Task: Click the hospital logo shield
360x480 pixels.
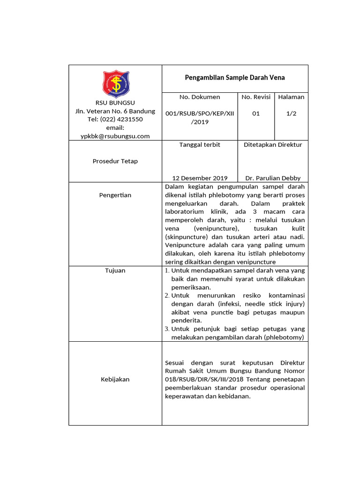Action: click(115, 84)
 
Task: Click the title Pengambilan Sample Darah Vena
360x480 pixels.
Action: click(235, 77)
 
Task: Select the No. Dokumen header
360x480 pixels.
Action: click(200, 97)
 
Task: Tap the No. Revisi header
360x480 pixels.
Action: click(256, 97)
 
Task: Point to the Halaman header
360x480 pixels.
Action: click(291, 97)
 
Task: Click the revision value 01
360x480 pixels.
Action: click(256, 113)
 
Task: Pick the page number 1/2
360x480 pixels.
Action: click(291, 113)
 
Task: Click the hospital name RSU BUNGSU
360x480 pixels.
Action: click(115, 103)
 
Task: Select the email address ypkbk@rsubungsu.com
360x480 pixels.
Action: click(115, 136)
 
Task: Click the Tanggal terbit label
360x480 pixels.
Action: click(200, 145)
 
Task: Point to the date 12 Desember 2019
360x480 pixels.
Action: click(200, 178)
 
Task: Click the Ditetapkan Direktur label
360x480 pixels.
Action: click(273, 145)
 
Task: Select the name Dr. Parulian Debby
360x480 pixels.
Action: click(273, 178)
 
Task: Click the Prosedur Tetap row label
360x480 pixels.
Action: click(115, 161)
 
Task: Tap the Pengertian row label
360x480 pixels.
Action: click(115, 195)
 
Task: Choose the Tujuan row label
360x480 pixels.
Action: click(115, 270)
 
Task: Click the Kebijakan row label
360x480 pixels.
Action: click(115, 379)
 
